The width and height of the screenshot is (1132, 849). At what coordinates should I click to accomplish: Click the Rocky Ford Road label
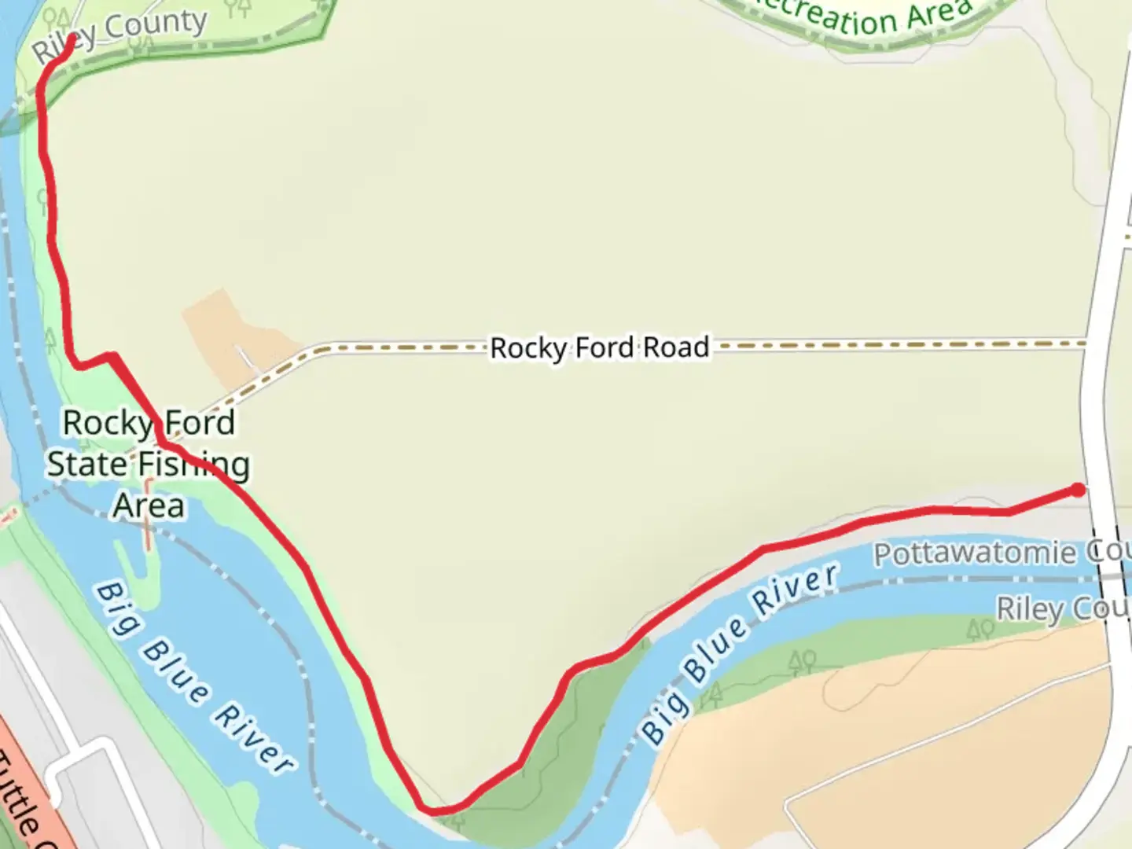pos(599,347)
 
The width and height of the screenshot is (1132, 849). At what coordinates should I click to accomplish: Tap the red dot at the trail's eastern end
pos(1078,491)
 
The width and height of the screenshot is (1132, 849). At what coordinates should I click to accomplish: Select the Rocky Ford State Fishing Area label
pos(149,464)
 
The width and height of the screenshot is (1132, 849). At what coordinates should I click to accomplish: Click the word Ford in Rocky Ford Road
pos(604,347)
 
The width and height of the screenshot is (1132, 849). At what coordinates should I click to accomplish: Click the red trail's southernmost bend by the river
pos(436,810)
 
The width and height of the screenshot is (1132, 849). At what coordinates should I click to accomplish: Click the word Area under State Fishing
pos(149,505)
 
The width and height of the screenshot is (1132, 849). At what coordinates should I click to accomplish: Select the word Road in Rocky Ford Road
pos(676,347)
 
